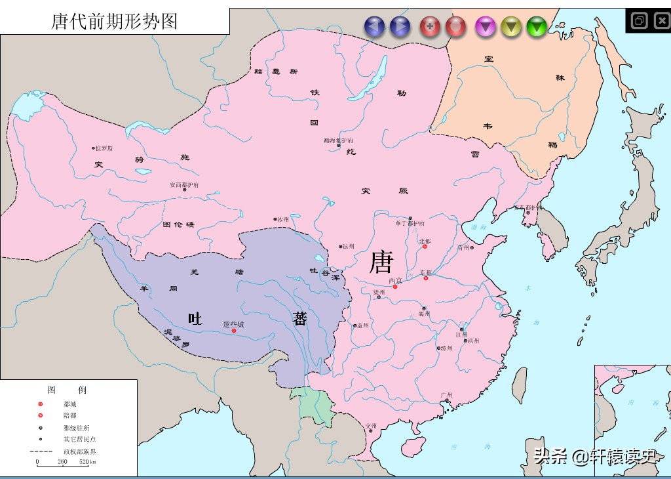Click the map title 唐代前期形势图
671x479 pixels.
tap(115, 21)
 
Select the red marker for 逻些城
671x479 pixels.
tap(234, 331)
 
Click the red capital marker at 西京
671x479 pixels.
tap(395, 287)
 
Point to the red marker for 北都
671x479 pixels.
tap(425, 247)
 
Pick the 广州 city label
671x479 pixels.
tap(447, 395)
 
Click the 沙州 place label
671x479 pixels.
tap(282, 219)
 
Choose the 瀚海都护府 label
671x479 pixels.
tap(338, 140)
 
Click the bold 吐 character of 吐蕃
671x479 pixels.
tap(195, 319)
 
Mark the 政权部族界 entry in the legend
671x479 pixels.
tap(80, 451)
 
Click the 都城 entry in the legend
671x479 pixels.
tap(69, 404)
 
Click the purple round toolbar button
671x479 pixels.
tap(485, 26)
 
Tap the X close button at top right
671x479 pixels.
tap(659, 20)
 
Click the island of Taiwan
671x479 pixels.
tap(518, 384)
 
